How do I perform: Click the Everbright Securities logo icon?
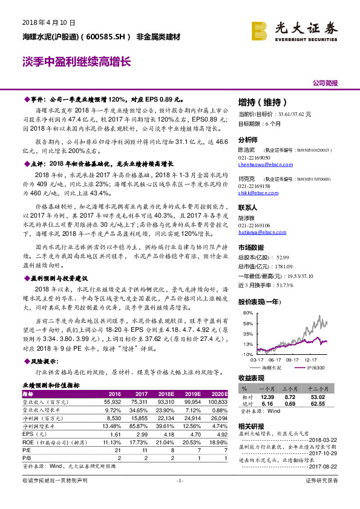tap(260, 28)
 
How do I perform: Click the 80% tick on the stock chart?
tap(247, 314)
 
